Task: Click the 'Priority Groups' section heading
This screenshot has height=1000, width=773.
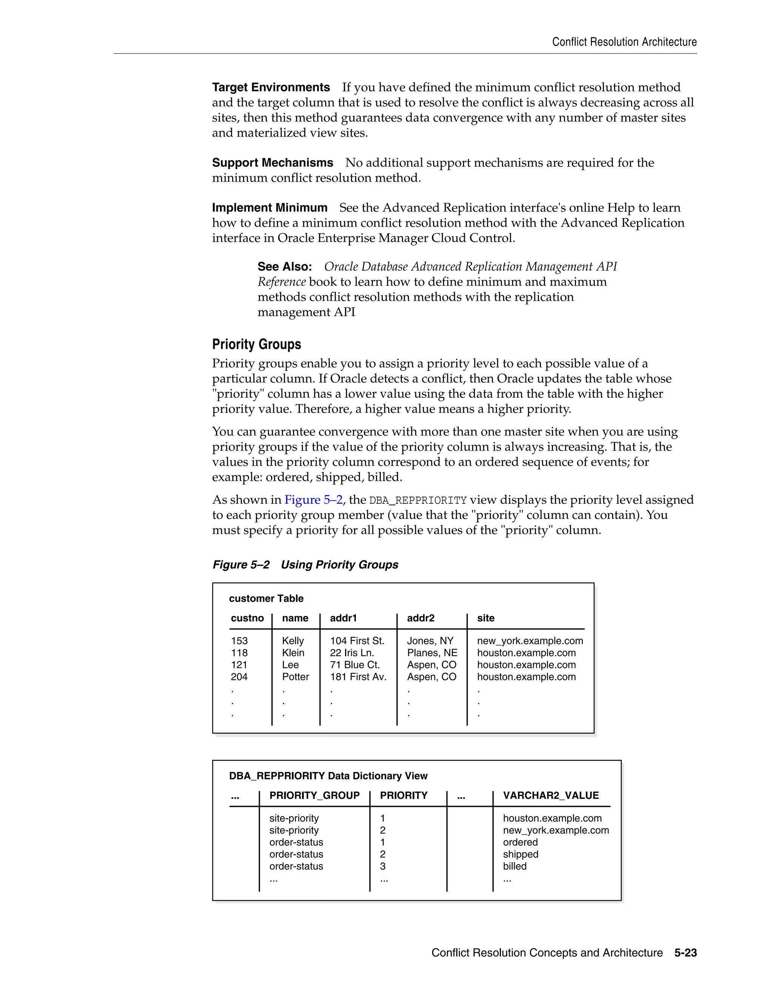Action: (256, 344)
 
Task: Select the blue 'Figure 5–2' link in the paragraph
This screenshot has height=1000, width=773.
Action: (313, 500)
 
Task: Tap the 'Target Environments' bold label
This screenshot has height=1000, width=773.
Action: (271, 88)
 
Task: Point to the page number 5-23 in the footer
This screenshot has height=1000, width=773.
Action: (685, 953)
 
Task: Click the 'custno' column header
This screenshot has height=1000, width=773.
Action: (247, 618)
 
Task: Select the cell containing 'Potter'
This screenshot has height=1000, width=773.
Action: (296, 677)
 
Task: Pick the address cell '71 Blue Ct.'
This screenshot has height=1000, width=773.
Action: (354, 665)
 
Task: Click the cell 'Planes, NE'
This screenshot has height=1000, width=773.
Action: (432, 653)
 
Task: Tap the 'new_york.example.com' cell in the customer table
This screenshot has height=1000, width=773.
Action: (530, 641)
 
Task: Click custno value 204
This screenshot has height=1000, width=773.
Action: (239, 677)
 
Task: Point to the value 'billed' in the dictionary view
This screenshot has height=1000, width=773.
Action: (515, 866)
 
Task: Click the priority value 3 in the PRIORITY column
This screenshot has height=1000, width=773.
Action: (383, 866)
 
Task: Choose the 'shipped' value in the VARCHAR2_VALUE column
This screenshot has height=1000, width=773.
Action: (520, 854)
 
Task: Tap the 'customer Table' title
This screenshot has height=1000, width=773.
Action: (266, 598)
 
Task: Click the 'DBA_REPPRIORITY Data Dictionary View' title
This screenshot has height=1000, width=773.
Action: (328, 775)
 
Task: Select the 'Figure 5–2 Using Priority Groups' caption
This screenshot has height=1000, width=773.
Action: (305, 565)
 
